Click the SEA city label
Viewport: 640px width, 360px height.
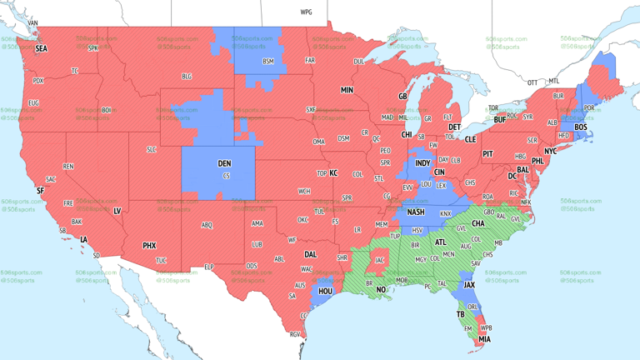(41, 49)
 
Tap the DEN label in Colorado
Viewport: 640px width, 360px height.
(225, 163)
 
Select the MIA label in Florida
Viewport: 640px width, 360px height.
(484, 339)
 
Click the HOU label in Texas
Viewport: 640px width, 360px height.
(326, 292)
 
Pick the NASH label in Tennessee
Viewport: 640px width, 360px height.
(415, 212)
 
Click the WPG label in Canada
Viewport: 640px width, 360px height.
(306, 12)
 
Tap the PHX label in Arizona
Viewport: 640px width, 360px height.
(149, 246)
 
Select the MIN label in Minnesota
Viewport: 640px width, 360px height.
(347, 90)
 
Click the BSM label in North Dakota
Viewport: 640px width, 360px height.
(268, 62)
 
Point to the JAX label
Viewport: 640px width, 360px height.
(469, 284)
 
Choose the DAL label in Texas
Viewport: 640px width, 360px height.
(311, 254)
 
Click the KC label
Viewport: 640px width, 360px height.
(333, 173)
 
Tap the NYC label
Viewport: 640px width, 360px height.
(550, 151)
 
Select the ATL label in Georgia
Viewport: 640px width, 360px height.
(441, 242)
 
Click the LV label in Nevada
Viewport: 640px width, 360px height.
(117, 212)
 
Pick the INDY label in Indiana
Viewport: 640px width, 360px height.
(422, 162)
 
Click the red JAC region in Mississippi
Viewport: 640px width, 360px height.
(379, 260)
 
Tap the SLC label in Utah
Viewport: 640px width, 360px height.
(151, 149)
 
